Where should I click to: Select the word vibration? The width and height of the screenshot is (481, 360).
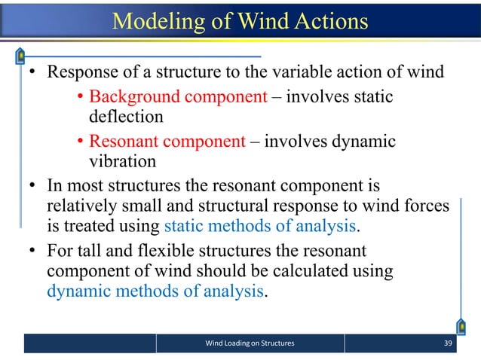pos(123,162)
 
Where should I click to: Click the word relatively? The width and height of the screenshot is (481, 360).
pos(81,206)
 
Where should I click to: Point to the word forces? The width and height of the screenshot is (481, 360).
pos(427,206)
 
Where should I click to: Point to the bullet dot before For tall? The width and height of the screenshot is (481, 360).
pos(33,250)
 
